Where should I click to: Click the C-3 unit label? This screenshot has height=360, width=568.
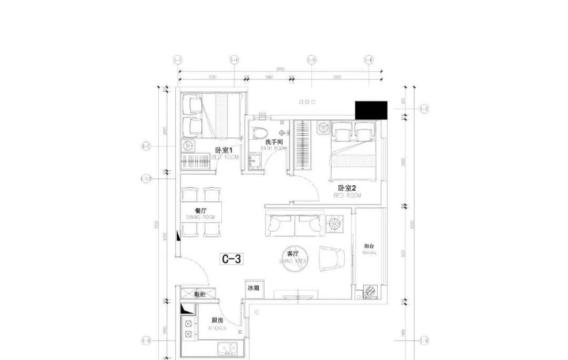tap(232, 258)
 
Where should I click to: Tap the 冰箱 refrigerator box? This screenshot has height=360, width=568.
tap(253, 288)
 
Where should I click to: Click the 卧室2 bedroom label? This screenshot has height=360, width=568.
tap(347, 188)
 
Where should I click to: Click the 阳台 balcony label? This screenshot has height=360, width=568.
tap(369, 246)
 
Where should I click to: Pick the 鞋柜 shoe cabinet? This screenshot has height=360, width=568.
tap(198, 294)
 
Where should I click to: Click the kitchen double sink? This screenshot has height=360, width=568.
tap(227, 347)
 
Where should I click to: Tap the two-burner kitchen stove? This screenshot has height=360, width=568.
tap(187, 328)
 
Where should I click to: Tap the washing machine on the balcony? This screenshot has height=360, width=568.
tap(369, 291)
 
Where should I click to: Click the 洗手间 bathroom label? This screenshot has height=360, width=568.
tap(274, 142)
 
